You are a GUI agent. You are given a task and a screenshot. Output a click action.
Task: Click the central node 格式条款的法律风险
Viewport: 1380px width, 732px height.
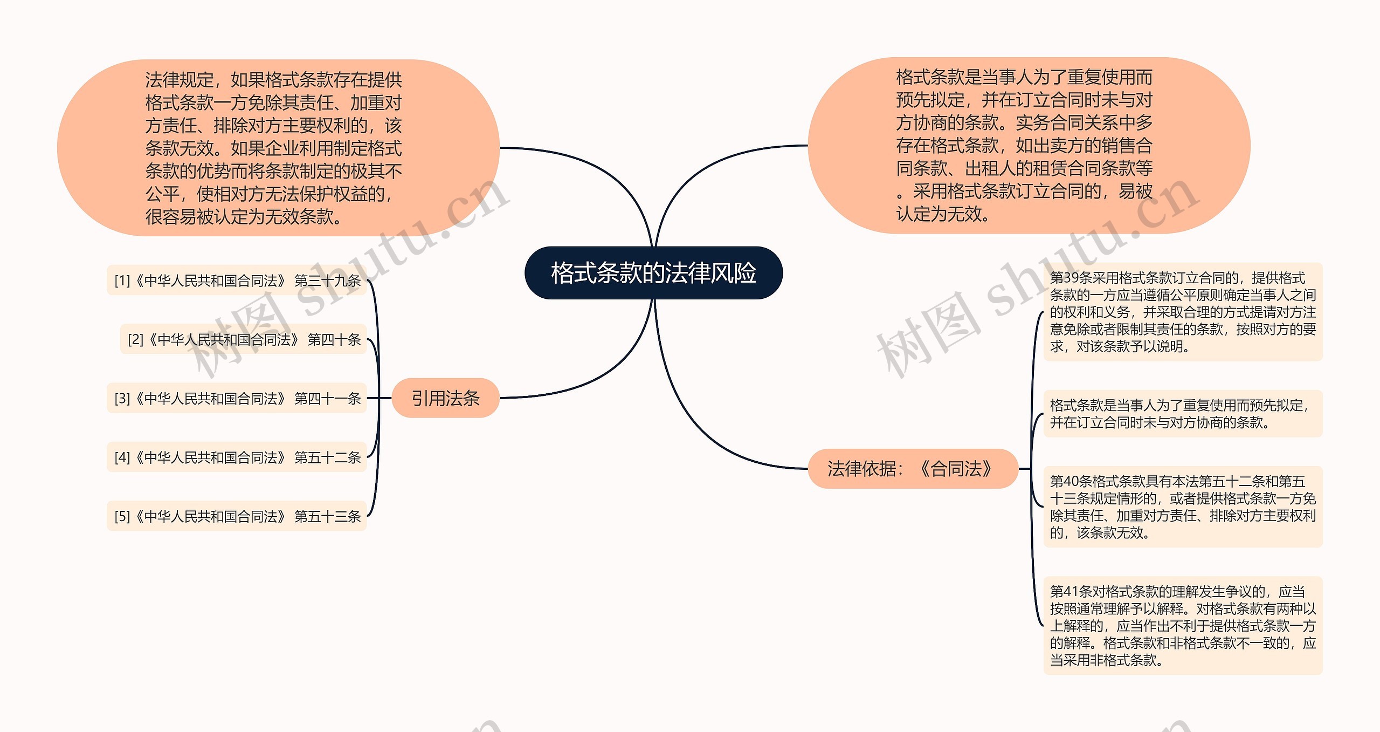coord(653,273)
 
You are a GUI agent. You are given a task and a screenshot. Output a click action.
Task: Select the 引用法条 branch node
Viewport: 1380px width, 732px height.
coord(445,398)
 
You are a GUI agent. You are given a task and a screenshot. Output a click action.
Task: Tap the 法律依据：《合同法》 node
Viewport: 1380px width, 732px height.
coord(912,469)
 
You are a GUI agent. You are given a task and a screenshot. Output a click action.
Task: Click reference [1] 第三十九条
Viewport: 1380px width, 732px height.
coord(237,281)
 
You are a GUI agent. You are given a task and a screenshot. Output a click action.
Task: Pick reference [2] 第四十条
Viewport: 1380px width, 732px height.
coord(244,339)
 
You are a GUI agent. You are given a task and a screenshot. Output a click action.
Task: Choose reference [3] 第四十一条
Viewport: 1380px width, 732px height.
coord(237,398)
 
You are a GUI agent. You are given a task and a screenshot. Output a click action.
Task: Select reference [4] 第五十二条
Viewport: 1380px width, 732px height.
coord(237,457)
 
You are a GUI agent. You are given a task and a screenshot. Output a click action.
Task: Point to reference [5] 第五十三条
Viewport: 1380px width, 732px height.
coord(237,516)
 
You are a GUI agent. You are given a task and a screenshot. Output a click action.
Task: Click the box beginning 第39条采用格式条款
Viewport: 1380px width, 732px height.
coord(1183,312)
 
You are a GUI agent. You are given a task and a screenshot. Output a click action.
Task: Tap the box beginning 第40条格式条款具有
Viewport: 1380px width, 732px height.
coord(1183,507)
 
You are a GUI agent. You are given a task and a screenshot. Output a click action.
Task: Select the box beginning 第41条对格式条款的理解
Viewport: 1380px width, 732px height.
coord(1183,625)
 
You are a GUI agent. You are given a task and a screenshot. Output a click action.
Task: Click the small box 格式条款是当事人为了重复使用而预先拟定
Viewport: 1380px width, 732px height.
coord(1183,413)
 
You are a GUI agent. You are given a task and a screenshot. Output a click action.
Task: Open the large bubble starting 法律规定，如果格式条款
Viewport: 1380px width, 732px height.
coord(278,148)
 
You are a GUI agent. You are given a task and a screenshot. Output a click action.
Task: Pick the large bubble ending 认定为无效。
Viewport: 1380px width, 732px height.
coord(1029,146)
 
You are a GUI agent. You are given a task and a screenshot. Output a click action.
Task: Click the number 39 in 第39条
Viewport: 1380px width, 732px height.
coord(1071,278)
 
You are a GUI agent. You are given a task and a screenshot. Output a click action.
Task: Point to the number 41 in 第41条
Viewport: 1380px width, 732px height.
coord(1070,592)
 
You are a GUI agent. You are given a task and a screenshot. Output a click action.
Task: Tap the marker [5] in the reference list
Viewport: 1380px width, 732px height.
coord(122,517)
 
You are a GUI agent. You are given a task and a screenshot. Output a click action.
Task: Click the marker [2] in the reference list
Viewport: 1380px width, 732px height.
coord(135,340)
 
